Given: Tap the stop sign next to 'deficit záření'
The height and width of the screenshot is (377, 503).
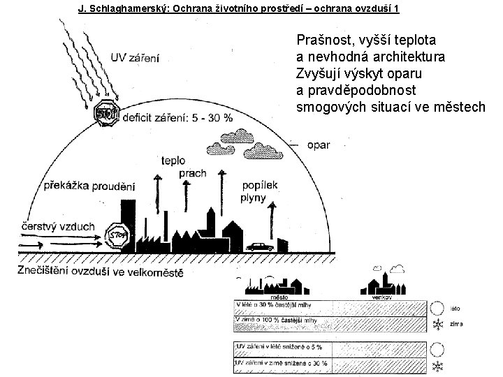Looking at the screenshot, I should tap(107, 114).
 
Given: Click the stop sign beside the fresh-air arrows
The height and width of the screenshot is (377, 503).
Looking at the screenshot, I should tap(117, 235).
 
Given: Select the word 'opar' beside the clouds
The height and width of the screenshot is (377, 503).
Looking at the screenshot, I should tap(318, 145).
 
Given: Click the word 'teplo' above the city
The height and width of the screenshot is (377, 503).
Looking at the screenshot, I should tap(173, 160).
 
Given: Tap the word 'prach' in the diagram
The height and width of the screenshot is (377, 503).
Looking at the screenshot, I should tap(192, 172).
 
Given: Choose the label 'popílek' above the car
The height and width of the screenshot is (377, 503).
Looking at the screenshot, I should tap(261, 185).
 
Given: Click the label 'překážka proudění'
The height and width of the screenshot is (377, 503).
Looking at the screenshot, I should tap(89, 186).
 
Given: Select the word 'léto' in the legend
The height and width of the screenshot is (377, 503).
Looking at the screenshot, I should tap(455, 308).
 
